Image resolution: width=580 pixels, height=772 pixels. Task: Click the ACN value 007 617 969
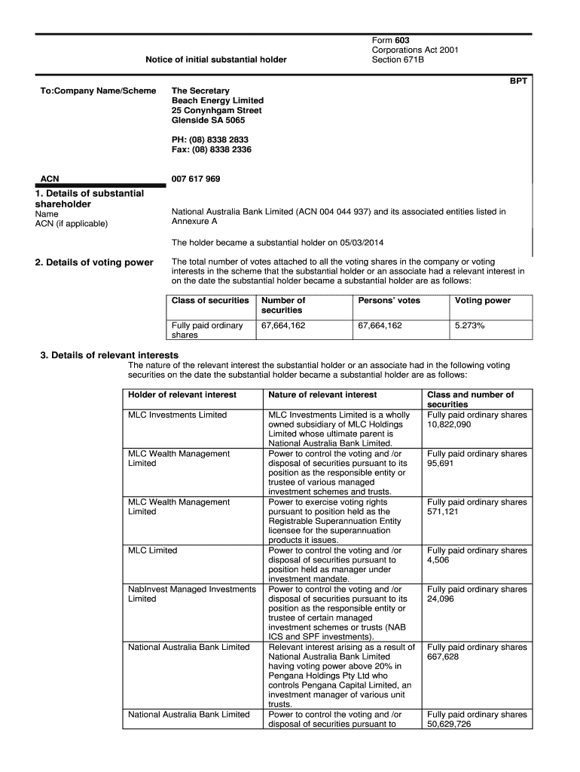point(196,179)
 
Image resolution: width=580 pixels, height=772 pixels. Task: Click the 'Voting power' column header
point(482,301)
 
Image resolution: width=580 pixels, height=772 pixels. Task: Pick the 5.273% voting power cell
point(469,326)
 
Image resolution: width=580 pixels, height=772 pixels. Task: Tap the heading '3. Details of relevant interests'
point(109,355)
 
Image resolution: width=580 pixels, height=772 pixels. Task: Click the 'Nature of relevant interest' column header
point(322,395)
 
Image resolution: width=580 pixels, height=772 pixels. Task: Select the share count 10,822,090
point(449,424)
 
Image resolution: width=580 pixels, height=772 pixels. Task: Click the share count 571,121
point(444,512)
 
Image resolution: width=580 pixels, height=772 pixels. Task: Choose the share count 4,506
point(438,560)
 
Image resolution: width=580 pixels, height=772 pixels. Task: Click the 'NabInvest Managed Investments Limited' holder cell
point(191,594)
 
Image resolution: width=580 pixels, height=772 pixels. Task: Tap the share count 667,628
point(444,657)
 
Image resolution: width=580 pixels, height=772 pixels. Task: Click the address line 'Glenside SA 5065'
point(208,121)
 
